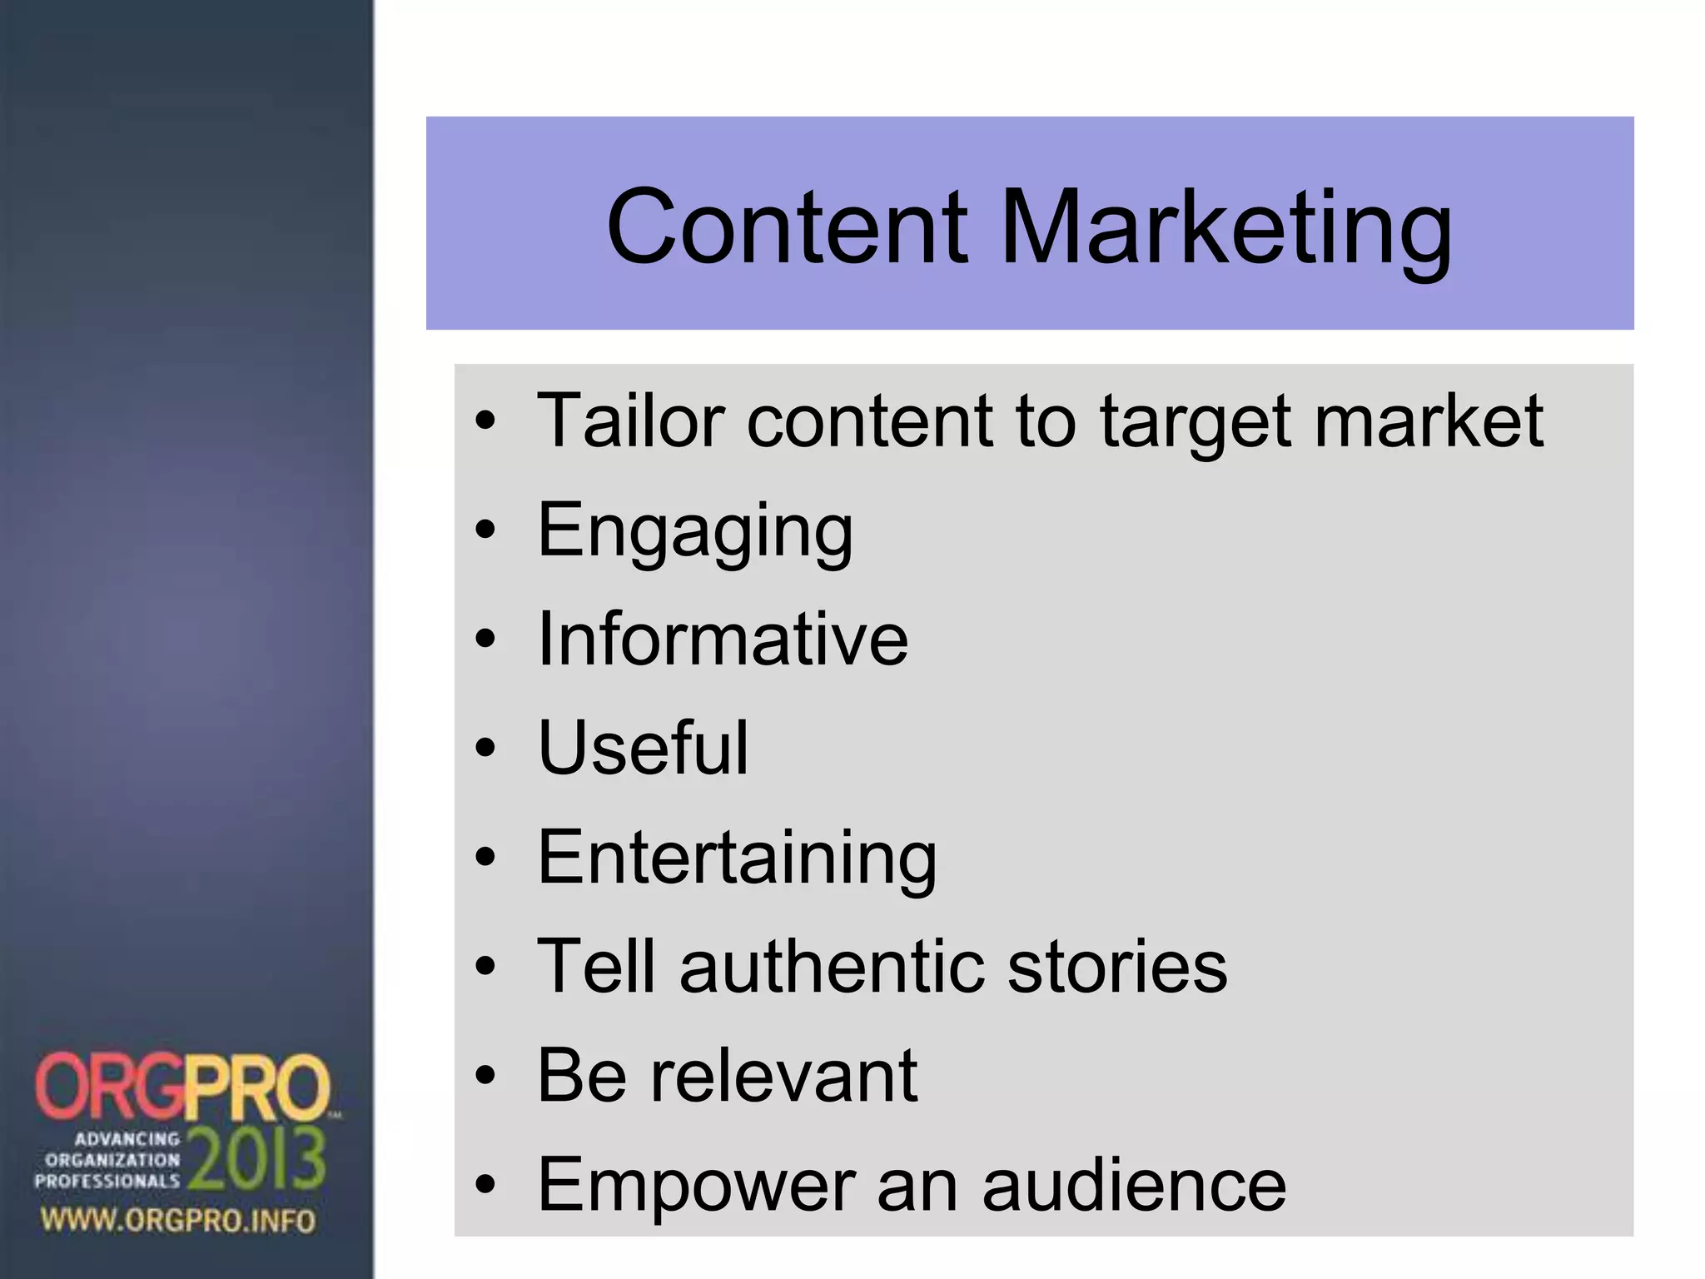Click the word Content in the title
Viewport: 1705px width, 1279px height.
788,226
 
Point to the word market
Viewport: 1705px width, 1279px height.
1428,421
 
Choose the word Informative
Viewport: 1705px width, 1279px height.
723,639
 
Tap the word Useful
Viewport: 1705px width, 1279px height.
643,747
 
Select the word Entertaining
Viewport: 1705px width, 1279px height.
737,858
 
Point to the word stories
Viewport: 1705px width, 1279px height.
1117,966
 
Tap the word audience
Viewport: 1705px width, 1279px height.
1134,1184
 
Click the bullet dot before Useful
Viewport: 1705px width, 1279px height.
485,747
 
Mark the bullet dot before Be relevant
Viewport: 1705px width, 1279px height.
485,1075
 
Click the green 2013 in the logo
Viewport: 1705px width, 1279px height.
256,1158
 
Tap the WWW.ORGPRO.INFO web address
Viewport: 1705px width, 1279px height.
178,1222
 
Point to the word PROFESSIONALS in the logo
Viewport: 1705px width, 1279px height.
107,1181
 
